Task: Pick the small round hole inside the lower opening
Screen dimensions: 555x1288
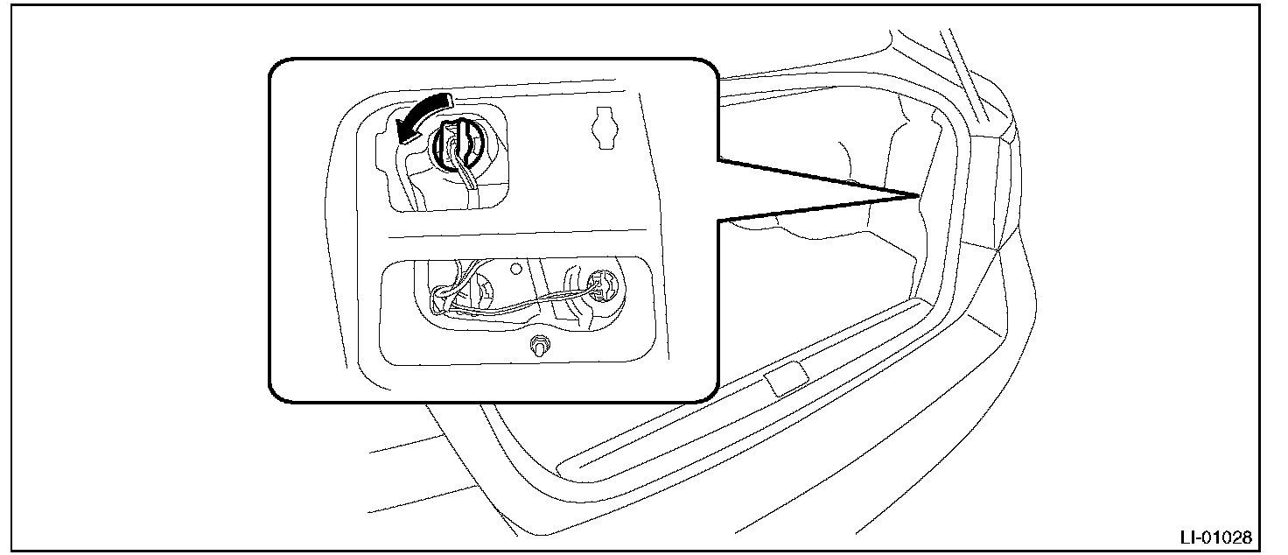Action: [516, 269]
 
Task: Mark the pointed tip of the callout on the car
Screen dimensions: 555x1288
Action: [917, 193]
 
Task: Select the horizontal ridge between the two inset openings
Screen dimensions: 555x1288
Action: [525, 237]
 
